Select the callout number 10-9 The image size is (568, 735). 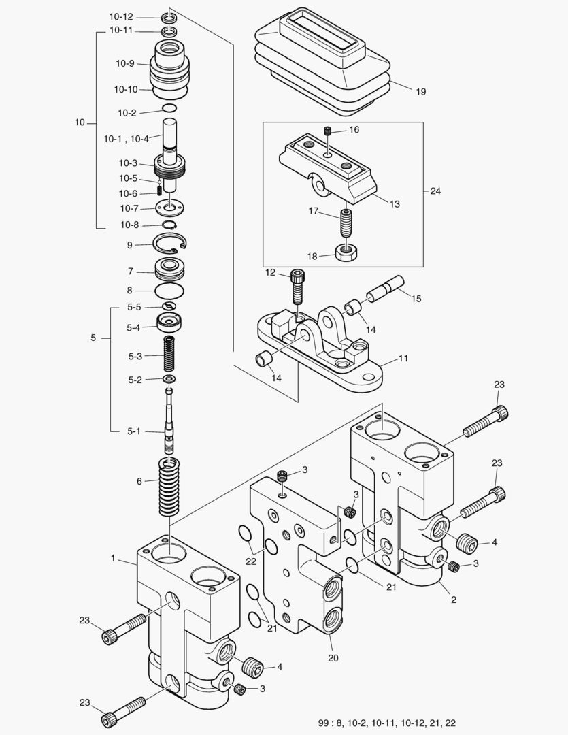[x=124, y=63]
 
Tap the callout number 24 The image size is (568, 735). [x=435, y=191]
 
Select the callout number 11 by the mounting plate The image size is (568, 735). [x=403, y=358]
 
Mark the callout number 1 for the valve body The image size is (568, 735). [x=113, y=558]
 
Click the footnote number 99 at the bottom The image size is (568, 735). [x=324, y=722]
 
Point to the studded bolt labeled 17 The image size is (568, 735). [x=348, y=222]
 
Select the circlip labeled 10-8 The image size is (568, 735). [x=171, y=225]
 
